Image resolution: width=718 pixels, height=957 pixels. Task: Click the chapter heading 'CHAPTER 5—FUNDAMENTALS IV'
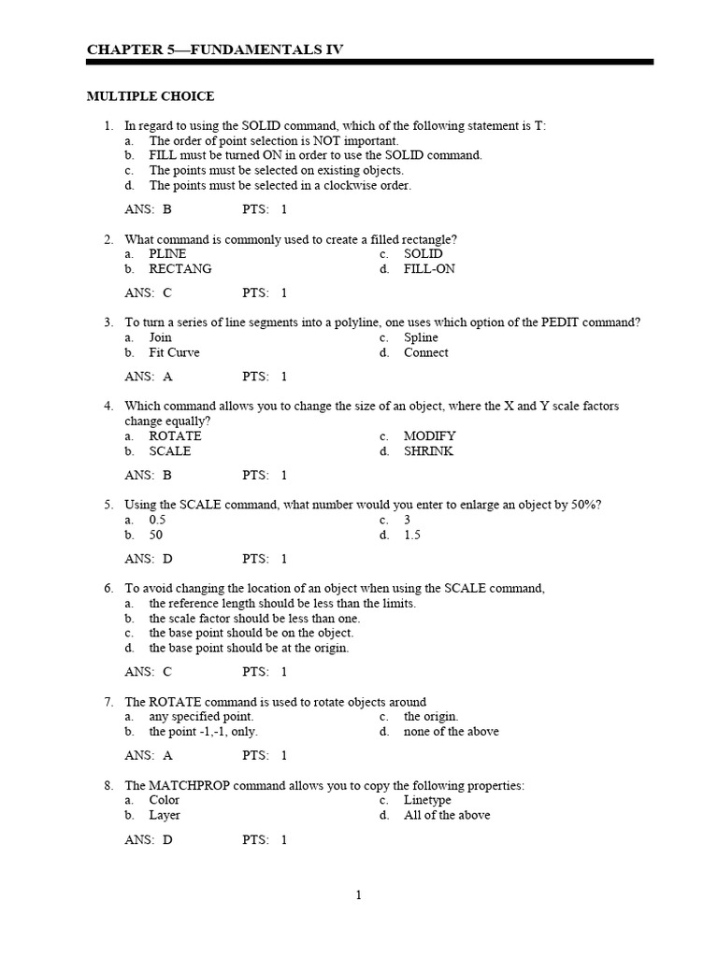215,50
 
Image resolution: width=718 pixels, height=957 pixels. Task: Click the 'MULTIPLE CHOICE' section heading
151,96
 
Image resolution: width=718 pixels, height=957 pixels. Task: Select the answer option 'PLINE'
167,254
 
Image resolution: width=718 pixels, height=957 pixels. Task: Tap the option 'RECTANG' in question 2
180,269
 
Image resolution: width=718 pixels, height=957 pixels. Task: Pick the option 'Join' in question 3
161,338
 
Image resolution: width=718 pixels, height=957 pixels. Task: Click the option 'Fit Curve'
174,353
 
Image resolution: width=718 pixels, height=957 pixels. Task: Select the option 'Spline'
421,338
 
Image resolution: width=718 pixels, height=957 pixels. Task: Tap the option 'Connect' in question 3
425,353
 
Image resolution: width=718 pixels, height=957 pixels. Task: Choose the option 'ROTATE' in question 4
175,436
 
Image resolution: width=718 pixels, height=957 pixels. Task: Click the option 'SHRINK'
428,451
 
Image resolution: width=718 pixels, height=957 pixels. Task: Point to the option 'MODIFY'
429,436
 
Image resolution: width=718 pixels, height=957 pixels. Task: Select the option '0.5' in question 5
157,521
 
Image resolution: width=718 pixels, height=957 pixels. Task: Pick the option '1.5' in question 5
412,536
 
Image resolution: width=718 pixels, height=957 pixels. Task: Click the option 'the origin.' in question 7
430,717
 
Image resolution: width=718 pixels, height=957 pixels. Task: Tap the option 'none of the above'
451,732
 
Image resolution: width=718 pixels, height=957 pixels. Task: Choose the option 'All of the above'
446,815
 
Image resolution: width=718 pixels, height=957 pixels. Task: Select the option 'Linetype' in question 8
427,800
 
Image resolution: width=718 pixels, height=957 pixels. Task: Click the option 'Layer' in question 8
165,815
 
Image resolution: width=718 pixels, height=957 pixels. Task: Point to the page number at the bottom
358,895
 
